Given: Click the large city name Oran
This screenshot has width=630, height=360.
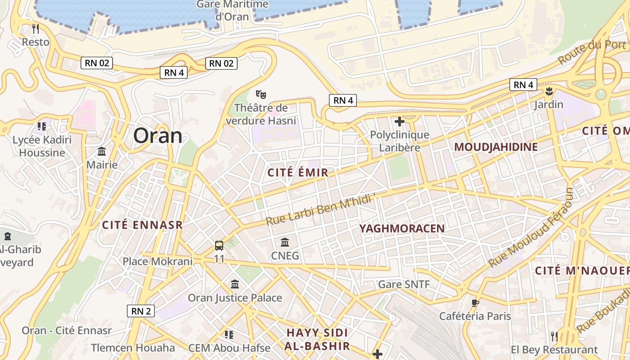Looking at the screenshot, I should [157, 135].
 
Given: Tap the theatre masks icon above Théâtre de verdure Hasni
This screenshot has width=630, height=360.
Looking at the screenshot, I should [261, 94].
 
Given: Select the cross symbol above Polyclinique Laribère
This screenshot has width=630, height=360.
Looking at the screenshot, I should [399, 121].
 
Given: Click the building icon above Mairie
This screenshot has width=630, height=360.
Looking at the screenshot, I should [102, 151].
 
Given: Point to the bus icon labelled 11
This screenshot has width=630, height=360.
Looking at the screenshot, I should [219, 246].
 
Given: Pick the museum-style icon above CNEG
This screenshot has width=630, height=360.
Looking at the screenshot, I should [285, 243].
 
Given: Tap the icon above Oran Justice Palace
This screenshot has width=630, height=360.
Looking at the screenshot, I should [235, 284].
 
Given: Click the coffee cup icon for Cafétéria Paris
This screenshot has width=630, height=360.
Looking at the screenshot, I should [475, 303].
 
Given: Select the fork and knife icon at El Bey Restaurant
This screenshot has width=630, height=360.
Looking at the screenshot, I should [554, 336].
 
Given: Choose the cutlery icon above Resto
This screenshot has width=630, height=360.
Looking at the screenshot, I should [36, 29].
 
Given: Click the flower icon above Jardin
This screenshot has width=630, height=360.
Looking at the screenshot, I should [549, 92].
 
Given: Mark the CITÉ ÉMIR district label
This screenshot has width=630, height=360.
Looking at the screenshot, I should [298, 172].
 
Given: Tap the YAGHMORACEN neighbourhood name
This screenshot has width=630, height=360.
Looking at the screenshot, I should [402, 229].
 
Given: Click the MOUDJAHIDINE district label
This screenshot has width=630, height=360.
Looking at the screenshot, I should [496, 147].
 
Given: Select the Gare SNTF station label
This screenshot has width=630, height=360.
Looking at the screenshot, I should [404, 284].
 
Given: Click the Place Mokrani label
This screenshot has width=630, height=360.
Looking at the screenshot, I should [157, 261].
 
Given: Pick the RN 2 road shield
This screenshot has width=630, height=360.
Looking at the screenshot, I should [141, 310].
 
